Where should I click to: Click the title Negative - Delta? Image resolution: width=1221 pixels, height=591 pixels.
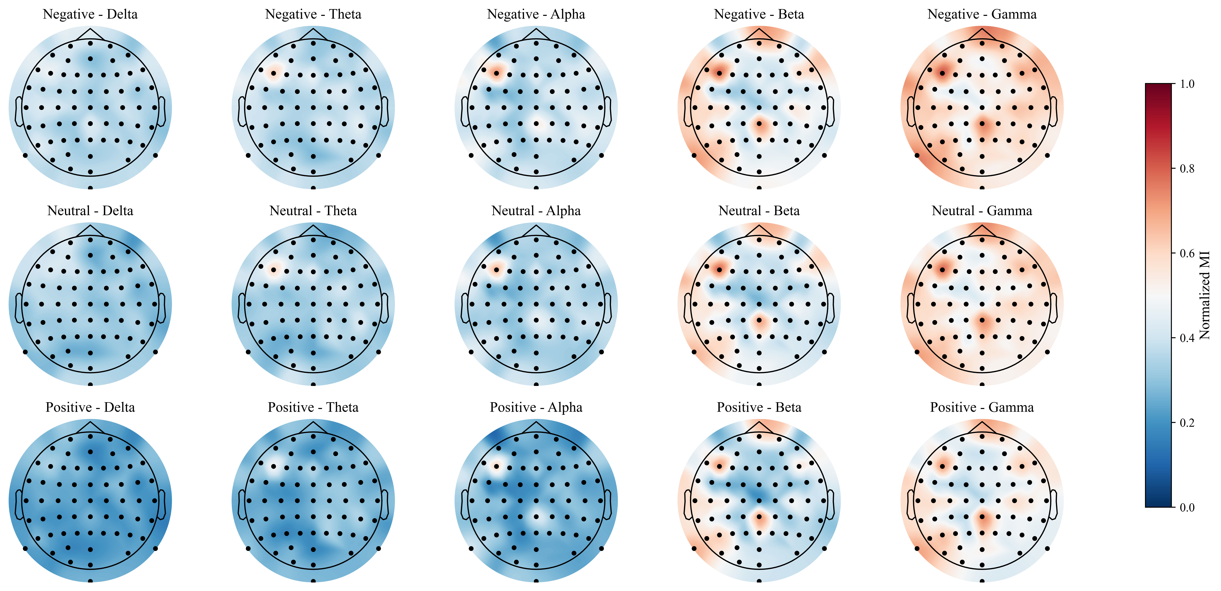coord(90,14)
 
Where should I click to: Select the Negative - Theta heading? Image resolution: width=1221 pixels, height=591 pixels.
coord(313,14)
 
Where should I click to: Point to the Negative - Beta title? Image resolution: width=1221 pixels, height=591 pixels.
coord(759,14)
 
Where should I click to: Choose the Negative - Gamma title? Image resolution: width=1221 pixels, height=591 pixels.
coord(982,14)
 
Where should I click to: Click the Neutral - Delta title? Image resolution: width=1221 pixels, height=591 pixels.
coord(90,211)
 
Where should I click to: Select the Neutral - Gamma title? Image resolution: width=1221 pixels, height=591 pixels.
coord(982,211)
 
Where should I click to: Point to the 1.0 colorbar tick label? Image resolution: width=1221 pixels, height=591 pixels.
coord(1187,84)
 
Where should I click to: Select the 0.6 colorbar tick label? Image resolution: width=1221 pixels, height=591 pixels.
coord(1187,253)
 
